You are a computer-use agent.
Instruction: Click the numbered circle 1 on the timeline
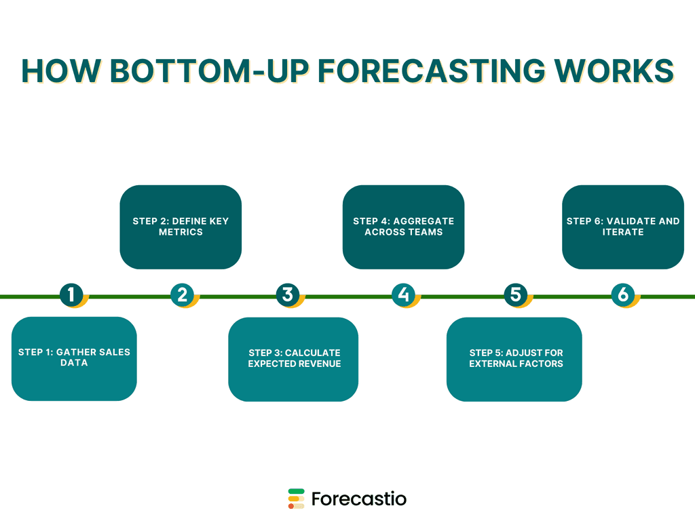71,294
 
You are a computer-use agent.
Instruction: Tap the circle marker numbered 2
182,294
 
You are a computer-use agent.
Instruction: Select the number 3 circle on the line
288,294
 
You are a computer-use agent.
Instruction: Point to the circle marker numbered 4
403,294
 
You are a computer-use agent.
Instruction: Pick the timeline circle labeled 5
515,294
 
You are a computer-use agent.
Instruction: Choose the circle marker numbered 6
622,294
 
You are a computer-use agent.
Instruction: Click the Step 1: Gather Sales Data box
74,358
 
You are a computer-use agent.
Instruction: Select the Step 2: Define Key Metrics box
181,227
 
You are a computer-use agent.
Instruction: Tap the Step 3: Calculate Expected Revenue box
293,358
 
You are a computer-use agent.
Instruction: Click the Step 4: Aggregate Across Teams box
403,227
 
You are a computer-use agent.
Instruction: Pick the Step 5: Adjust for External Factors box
514,358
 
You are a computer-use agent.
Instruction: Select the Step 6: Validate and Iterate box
622,227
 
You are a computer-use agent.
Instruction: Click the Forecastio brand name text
359,499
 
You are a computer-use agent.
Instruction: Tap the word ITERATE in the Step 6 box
622,232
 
